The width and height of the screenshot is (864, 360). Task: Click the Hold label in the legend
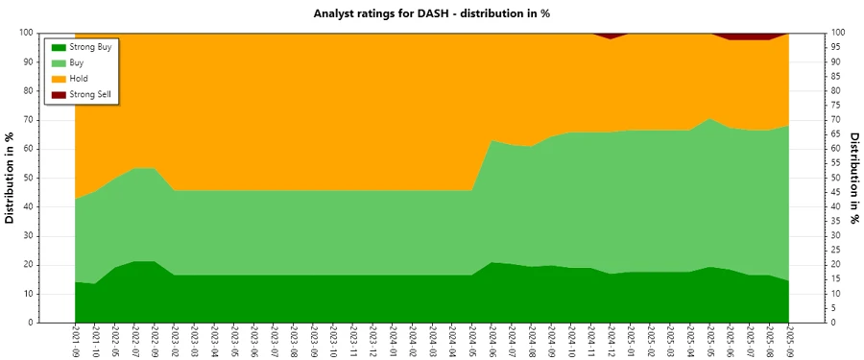click(x=80, y=78)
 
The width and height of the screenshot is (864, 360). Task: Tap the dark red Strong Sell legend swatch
click(x=58, y=94)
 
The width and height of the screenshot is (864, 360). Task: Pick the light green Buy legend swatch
click(x=58, y=61)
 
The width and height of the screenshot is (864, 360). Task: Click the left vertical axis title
click(x=11, y=178)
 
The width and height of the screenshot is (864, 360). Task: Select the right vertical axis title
click(x=854, y=178)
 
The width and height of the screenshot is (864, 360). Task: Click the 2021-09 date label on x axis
click(x=76, y=342)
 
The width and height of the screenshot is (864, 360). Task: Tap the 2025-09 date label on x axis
click(x=789, y=342)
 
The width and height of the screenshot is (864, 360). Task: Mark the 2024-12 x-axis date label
click(x=611, y=342)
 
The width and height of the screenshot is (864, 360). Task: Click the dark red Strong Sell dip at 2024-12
click(x=611, y=36)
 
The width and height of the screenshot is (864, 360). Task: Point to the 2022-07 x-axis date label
click(x=135, y=342)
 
